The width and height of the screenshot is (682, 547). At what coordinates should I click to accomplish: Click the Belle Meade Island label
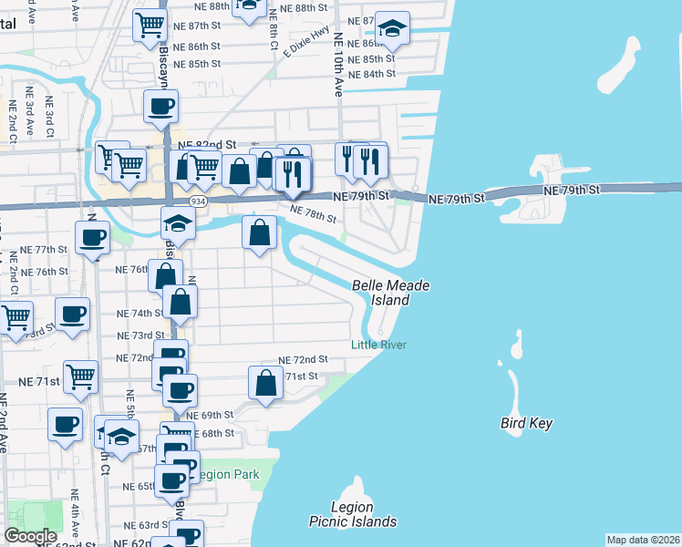[390, 293]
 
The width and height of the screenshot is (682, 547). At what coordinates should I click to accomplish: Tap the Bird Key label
[526, 423]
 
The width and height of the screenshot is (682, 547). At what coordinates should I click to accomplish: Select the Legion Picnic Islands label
[353, 514]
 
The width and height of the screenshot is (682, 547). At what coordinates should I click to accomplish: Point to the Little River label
[379, 345]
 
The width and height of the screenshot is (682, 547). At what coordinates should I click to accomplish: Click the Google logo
[30, 536]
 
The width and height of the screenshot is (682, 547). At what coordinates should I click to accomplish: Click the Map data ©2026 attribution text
[643, 540]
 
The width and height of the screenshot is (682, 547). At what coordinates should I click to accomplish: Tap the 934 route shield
[197, 200]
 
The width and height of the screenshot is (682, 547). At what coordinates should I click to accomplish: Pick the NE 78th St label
[313, 214]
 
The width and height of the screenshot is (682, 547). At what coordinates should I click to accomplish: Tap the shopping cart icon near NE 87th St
[150, 26]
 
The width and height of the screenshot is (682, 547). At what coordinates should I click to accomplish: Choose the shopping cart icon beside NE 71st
[81, 375]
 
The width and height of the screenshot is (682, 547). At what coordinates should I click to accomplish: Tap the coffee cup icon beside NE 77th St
[92, 239]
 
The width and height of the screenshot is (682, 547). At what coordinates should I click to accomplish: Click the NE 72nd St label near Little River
[303, 360]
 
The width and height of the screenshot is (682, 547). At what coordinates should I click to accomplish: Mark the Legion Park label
[229, 474]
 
